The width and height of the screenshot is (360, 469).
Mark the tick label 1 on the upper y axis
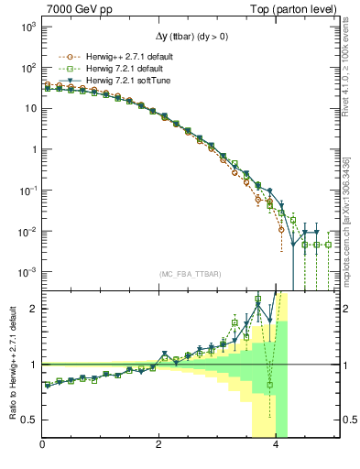pyautogui.click(x=33, y=149)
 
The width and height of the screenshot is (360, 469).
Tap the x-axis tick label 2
pyautogui.click(x=160, y=446)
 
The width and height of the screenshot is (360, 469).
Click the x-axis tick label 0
pyautogui.click(x=43, y=446)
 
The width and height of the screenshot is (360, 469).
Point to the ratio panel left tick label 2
pyautogui.click(x=35, y=309)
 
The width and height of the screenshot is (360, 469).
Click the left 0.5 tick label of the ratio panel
pyautogui.click(x=30, y=420)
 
